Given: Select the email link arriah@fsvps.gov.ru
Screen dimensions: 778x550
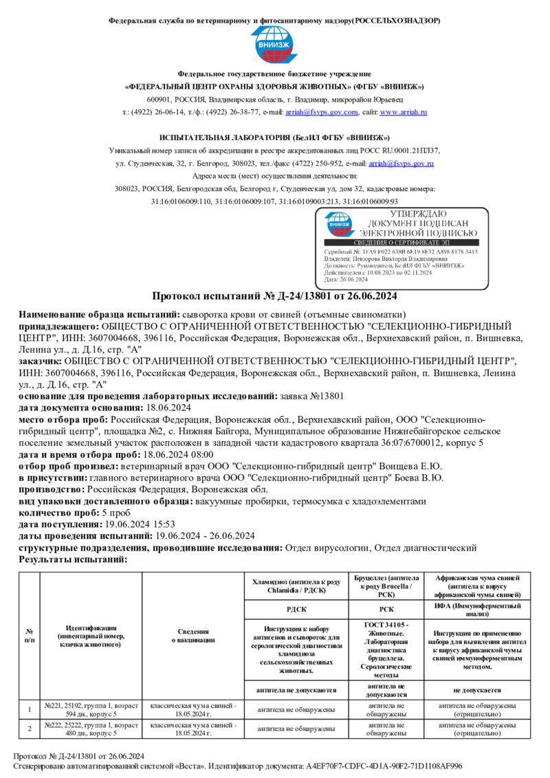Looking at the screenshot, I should [401, 164].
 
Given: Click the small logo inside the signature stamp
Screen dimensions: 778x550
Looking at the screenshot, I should [339, 224].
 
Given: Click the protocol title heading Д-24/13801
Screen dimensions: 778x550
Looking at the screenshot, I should [274, 296].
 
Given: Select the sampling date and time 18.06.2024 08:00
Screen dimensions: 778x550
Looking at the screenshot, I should [177, 455].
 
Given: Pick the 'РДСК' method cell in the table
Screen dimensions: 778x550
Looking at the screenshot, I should [296, 608].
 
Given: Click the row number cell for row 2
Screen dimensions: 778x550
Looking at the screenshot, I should [30, 729].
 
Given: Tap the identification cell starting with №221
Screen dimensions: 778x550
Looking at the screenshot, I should [91, 710].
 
